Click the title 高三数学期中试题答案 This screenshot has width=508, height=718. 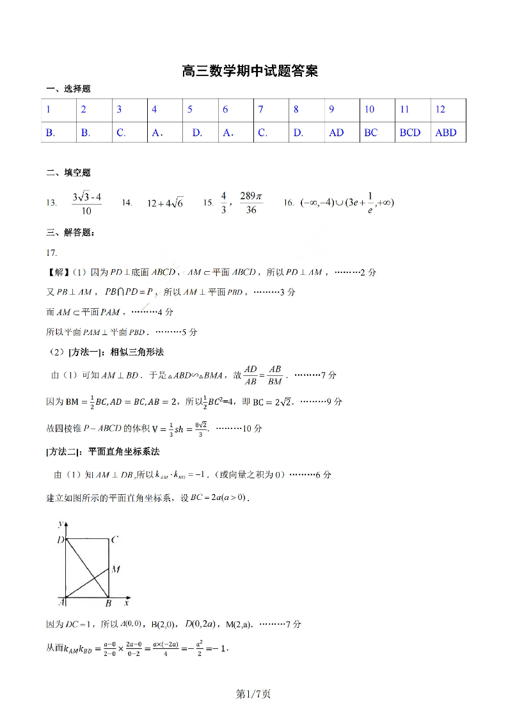point(250,71)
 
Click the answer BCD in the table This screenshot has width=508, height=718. point(410,132)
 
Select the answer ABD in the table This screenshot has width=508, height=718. point(446,132)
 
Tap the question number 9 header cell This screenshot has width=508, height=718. point(331,109)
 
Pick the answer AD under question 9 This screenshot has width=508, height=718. point(336,132)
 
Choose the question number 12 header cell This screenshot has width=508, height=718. point(440,109)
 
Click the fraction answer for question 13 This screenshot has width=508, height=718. point(86,203)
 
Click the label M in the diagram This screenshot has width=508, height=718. point(116,568)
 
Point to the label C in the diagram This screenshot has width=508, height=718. point(114,540)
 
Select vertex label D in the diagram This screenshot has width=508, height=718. point(60,540)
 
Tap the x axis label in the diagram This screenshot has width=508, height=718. point(127,602)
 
